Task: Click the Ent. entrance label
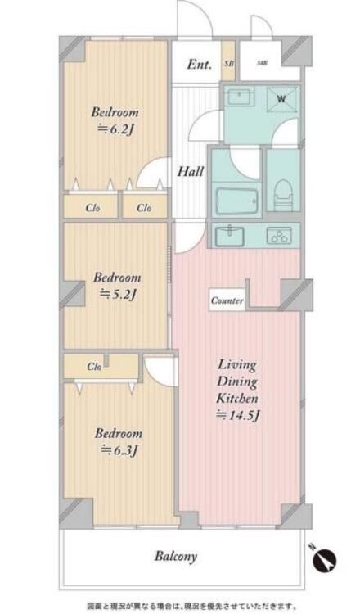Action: [199, 64]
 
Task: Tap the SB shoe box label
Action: [228, 63]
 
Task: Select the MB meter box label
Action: [262, 63]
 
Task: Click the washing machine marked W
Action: [281, 99]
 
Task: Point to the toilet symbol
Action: [283, 194]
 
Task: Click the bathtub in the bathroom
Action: [236, 201]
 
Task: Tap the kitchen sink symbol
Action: [231, 235]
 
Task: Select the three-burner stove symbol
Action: [279, 236]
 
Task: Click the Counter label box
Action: [227, 300]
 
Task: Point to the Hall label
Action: [191, 172]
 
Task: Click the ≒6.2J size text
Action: [115, 129]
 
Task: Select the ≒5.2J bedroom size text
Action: [117, 294]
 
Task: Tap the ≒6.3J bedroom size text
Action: [119, 450]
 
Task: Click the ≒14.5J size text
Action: [237, 415]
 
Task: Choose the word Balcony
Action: [176, 556]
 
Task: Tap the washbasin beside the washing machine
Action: [239, 96]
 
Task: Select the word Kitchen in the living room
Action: [237, 398]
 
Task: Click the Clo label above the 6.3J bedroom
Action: [94, 367]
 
